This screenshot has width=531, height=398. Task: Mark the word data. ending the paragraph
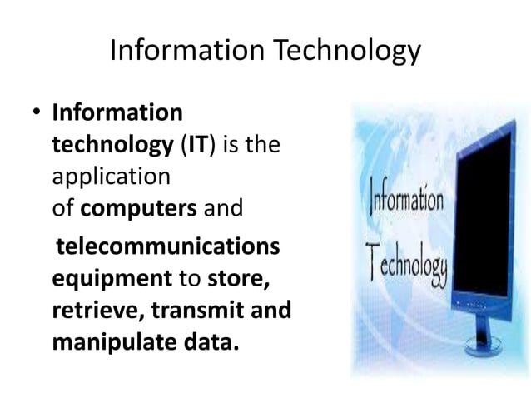206,341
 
